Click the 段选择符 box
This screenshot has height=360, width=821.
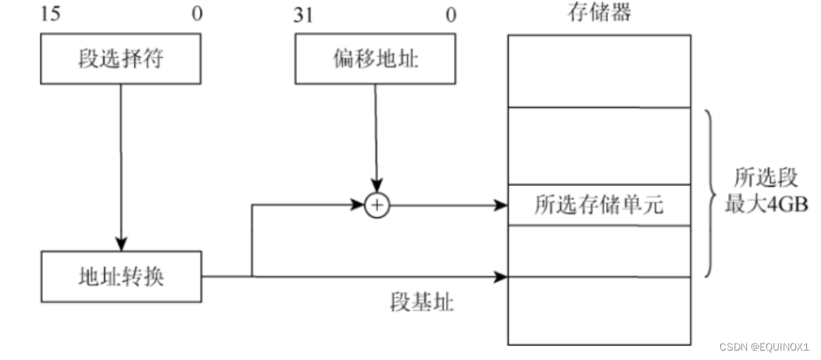(121, 60)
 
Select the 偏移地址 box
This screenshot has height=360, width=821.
(376, 60)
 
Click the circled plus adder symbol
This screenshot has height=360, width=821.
(377, 205)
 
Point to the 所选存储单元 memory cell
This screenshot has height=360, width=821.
(599, 205)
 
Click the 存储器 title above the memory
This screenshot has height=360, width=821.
(599, 12)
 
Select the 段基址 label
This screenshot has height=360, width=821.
(422, 303)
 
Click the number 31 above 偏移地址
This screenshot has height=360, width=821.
(304, 13)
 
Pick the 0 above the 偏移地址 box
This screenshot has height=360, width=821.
(451, 13)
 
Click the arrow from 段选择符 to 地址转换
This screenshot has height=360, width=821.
(121, 164)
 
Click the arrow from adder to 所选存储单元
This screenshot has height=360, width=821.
(445, 206)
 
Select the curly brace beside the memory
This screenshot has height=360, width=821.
(709, 193)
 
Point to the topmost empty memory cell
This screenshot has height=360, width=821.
(599, 70)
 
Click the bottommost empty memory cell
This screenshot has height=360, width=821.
(599, 310)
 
